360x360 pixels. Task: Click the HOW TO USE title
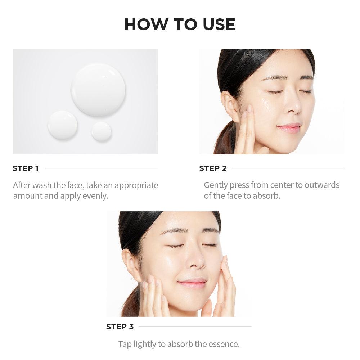(x=180, y=24)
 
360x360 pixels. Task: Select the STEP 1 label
(x=26, y=168)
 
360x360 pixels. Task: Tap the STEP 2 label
(x=213, y=168)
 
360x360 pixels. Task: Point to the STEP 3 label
(x=120, y=327)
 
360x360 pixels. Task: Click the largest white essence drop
(x=98, y=90)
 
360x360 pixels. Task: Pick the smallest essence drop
(x=101, y=131)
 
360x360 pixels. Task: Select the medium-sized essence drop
(x=62, y=125)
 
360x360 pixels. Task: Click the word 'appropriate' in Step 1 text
(x=136, y=185)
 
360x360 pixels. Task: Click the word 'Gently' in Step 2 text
(x=216, y=185)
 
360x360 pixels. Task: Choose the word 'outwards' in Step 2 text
(x=322, y=185)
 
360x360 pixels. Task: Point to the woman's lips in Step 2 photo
(x=289, y=128)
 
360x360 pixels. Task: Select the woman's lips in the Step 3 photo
(x=192, y=283)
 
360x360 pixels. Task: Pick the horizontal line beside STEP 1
(x=101, y=168)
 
